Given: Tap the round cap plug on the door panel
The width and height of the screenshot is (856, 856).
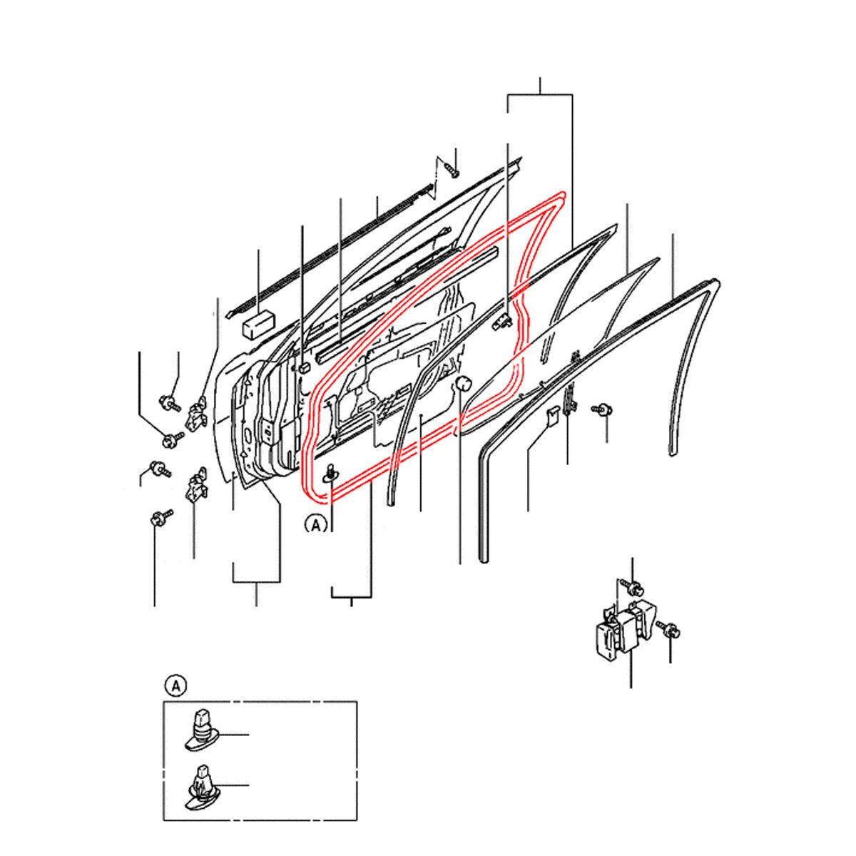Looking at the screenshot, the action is coord(464,382).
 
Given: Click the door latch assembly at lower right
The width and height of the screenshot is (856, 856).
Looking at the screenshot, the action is coord(624,629).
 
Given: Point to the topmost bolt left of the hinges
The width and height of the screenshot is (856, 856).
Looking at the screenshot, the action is coord(170,402).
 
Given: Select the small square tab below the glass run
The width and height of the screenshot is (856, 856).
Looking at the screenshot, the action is coord(553,416).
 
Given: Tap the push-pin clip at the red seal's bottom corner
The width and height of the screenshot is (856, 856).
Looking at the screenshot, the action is coord(332,473).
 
